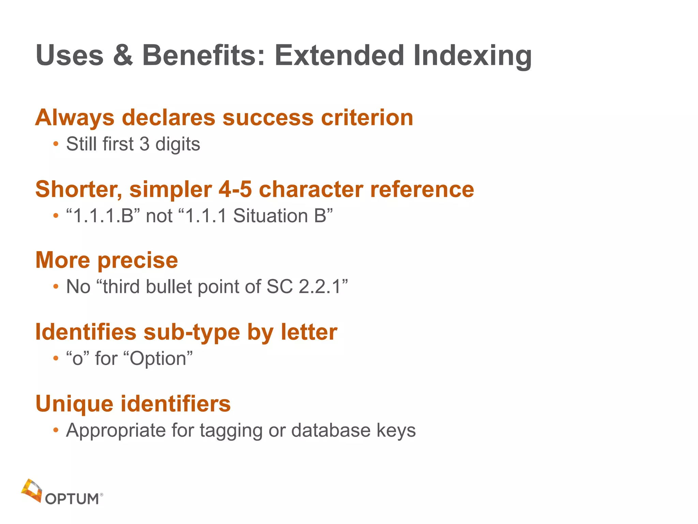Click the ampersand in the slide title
coord(123,55)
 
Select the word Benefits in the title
coord(203,55)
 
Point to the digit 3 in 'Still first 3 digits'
coord(145,144)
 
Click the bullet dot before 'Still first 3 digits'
coord(56,144)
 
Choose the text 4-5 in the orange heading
coord(235,189)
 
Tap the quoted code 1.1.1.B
coord(103,216)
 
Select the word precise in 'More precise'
coord(138,261)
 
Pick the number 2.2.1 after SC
coord(320,287)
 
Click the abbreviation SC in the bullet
coord(279,287)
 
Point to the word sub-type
coord(192,332)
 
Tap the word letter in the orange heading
coord(309,332)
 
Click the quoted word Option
coord(158,359)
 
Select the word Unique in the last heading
coord(74,404)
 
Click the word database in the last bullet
coord(331,430)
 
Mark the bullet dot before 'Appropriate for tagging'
coord(56,430)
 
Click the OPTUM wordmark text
coord(72,499)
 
